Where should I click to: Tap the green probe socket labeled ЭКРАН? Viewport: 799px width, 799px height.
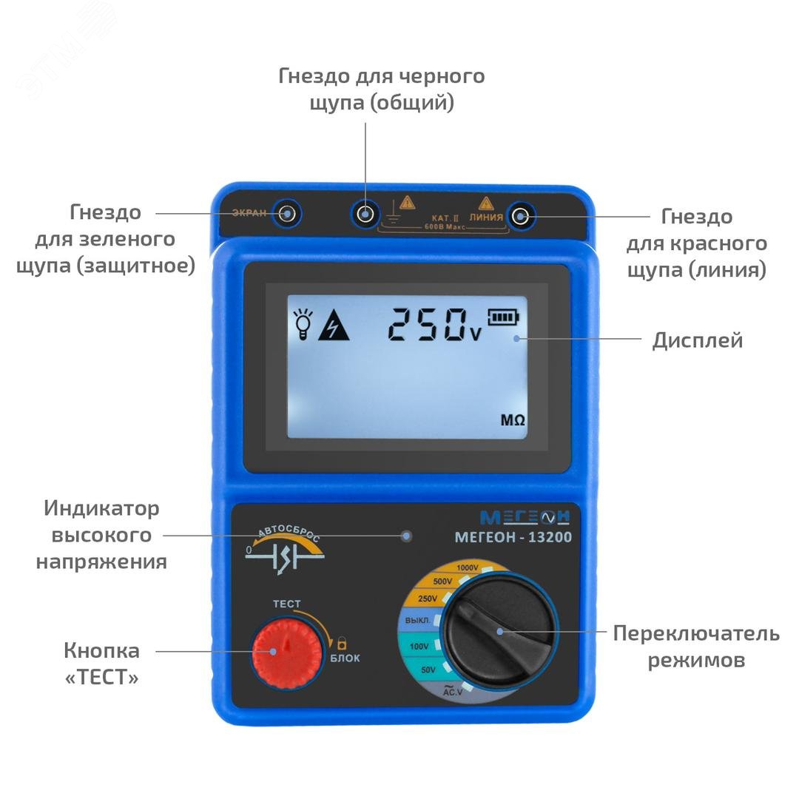[x=287, y=215]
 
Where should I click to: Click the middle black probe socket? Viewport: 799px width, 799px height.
[x=364, y=215]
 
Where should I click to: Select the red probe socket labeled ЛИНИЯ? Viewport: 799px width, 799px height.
[x=521, y=216]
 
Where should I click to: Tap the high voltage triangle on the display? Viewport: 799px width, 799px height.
[x=334, y=326]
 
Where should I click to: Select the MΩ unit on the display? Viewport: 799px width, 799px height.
[x=513, y=420]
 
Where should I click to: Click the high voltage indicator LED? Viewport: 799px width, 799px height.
[x=406, y=536]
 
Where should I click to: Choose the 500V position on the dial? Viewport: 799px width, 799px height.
[x=442, y=581]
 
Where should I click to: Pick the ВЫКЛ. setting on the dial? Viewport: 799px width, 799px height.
[x=418, y=620]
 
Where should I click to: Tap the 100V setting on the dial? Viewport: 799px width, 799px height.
[x=419, y=647]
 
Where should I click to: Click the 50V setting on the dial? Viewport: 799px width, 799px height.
[x=428, y=670]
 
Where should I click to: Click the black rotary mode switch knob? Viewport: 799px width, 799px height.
[x=500, y=630]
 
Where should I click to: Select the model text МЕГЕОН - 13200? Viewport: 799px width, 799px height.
[x=513, y=538]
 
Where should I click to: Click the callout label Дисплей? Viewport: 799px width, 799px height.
[x=697, y=340]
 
